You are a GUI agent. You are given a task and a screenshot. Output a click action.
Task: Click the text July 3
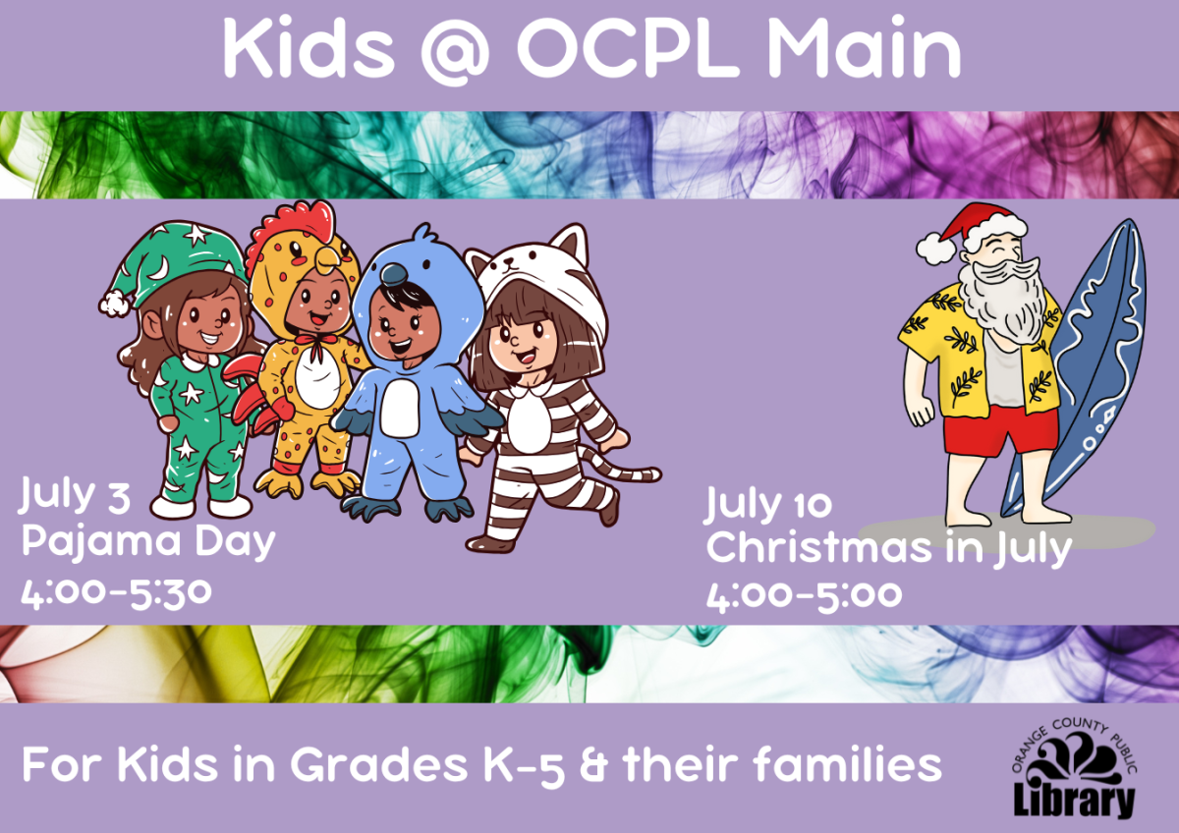(74, 496)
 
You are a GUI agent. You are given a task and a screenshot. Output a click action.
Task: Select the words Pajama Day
(148, 541)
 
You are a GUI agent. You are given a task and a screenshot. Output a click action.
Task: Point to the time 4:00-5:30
(116, 592)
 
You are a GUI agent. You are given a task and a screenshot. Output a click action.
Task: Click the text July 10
(768, 504)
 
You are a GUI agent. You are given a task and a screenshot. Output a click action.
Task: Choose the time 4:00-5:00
(804, 594)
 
